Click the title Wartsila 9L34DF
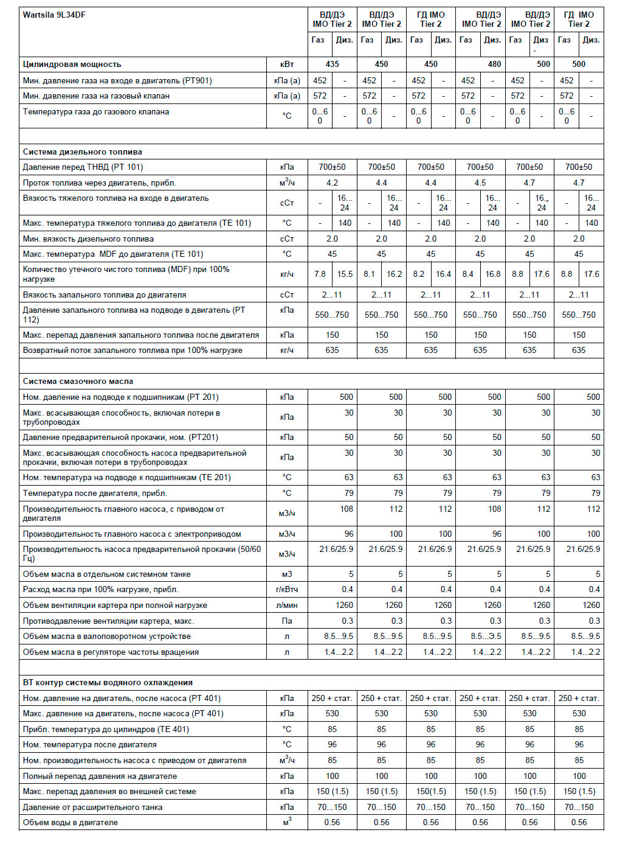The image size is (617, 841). pos(54,15)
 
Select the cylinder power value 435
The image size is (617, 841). pos(332,64)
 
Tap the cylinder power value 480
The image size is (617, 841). pos(494,64)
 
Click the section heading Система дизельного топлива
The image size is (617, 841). pos(83,152)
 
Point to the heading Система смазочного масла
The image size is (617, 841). pos(78,381)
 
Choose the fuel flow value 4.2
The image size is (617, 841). pos(332,183)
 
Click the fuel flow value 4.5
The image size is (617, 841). pos(480,183)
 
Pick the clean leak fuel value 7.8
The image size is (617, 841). pos(320,274)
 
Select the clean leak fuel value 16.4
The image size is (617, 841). pos(443,274)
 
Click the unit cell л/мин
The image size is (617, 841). pos(287,605)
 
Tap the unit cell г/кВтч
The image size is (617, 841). pos(287,589)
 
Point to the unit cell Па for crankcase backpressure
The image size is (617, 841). pos(287,621)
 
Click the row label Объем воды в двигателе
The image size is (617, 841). pos(71,822)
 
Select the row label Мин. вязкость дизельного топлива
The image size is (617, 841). pos(88,239)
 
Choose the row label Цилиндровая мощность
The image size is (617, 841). pos(72,64)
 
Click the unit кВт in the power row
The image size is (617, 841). pos(287,64)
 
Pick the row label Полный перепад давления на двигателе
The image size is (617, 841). pos(100,776)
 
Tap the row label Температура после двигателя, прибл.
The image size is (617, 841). pos(95,493)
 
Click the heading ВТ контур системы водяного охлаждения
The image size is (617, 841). pos(108,682)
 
